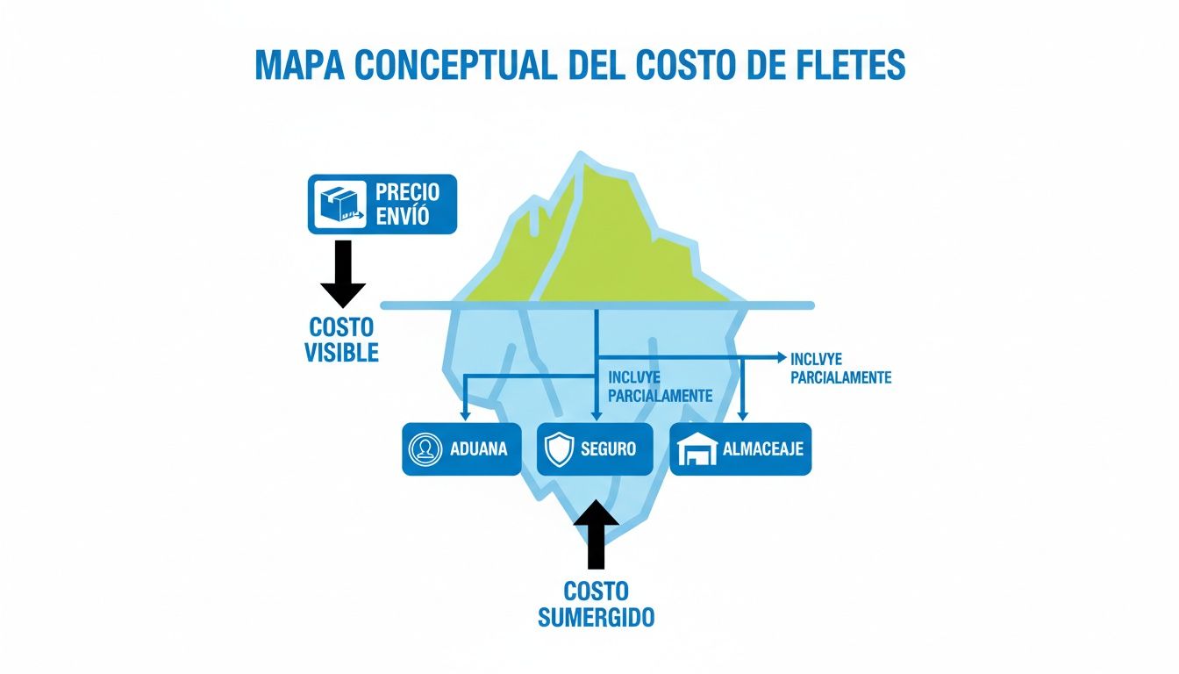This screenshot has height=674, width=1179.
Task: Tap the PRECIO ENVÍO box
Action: tap(382, 204)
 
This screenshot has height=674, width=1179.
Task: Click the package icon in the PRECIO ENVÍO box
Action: tap(339, 204)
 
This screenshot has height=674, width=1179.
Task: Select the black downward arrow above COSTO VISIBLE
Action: tap(343, 273)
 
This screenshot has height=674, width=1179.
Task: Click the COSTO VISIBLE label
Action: tap(341, 340)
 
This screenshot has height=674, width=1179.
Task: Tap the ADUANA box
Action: tap(461, 449)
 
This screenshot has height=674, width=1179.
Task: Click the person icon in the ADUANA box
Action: tap(425, 450)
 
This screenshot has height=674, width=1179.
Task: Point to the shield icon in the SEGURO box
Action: tap(558, 450)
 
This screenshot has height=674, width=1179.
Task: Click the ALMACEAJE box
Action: tap(740, 449)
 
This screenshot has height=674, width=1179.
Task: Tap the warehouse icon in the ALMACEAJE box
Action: tap(698, 451)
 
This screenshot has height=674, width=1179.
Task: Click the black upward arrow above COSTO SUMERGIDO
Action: tap(596, 534)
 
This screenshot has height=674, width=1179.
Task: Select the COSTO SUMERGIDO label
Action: tap(596, 603)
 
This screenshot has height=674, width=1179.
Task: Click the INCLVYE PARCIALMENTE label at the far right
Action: tap(840, 368)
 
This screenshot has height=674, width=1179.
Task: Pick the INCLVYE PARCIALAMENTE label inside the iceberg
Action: tap(660, 386)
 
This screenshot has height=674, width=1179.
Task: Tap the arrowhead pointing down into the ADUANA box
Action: tap(466, 412)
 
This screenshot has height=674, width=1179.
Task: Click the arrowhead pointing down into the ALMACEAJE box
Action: tap(743, 412)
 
